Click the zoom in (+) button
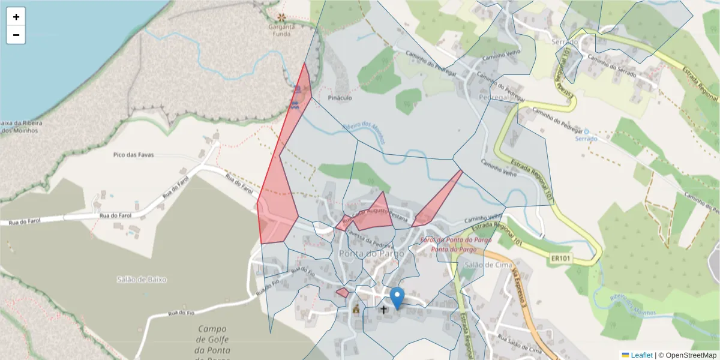point(16,17)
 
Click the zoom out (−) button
point(16,35)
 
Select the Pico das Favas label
point(133,155)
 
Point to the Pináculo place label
point(340,97)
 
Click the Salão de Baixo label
point(142,279)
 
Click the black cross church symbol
point(383,310)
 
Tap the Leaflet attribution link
point(641,355)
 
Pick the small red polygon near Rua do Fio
point(342,293)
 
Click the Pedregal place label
point(494,97)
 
